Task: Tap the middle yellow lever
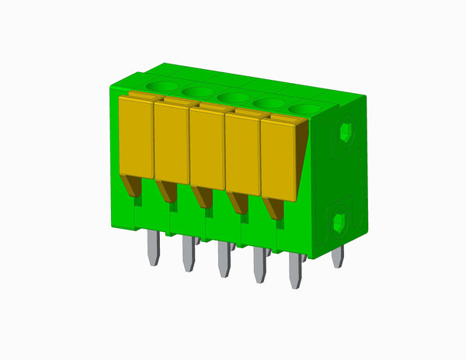(x=207, y=147)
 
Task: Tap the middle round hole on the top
(x=231, y=97)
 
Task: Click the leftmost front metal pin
(x=154, y=248)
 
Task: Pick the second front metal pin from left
(x=188, y=254)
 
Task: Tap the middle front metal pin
(x=224, y=261)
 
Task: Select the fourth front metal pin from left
(x=259, y=267)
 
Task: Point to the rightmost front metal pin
(x=295, y=272)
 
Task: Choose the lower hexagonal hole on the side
(x=339, y=223)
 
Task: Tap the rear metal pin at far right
(x=337, y=256)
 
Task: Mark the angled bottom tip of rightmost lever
(x=273, y=208)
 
